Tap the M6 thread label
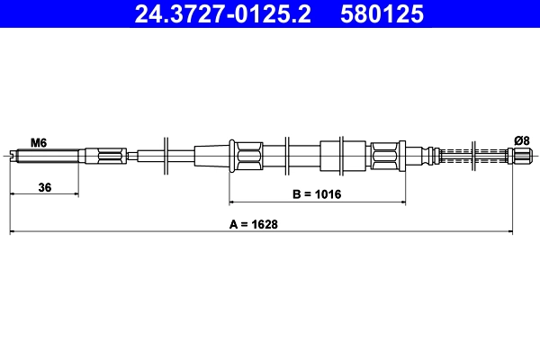coord(39,141)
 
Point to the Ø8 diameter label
coord(521,139)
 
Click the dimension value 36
coord(43,187)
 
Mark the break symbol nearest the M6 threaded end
coord(167,157)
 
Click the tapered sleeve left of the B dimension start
coord(212,157)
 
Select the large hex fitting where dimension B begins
coord(246,157)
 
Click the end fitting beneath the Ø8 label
coord(521,157)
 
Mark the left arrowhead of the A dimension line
coord(13,232)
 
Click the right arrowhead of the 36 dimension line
coord(75,193)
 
